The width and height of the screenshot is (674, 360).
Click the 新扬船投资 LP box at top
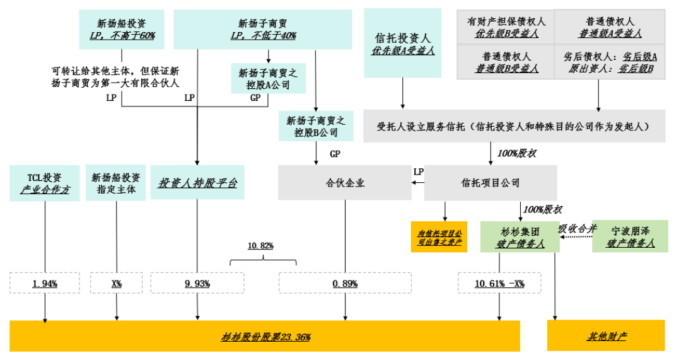[x=122, y=29]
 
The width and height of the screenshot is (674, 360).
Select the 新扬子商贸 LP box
[x=263, y=29]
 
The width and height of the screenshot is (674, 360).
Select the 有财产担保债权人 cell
[x=506, y=27]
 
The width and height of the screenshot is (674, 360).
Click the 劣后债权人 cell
[x=610, y=62]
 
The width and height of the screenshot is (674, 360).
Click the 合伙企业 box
[x=345, y=183]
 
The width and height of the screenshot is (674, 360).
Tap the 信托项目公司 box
[x=491, y=183]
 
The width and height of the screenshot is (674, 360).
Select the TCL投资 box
[x=45, y=183]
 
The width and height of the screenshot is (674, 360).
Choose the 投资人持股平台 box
[x=197, y=183]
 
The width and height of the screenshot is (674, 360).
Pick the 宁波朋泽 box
[x=628, y=236]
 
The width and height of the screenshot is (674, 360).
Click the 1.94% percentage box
[x=45, y=283]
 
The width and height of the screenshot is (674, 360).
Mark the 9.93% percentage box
[x=197, y=283]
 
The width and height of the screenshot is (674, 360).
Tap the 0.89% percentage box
[x=345, y=283]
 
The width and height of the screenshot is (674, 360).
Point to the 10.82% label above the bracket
[x=262, y=245]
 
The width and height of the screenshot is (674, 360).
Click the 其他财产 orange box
[x=605, y=336]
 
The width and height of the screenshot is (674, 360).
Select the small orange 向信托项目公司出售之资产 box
[x=439, y=237]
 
